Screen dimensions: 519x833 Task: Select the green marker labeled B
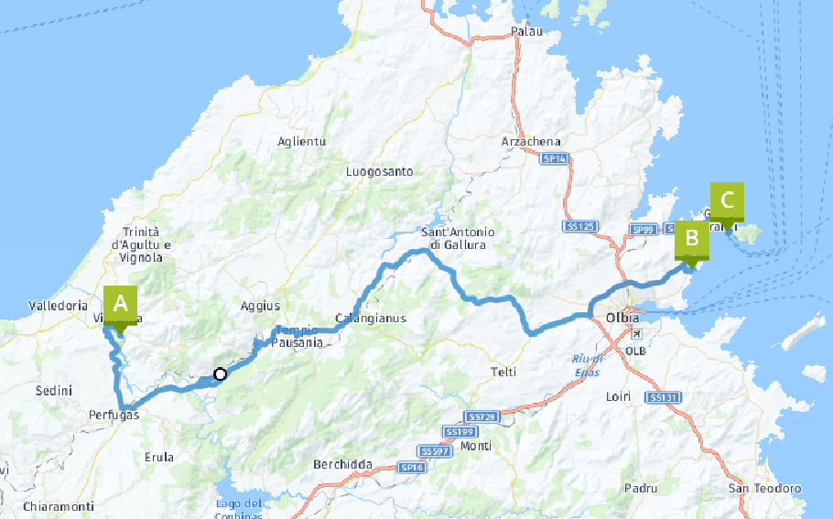692,240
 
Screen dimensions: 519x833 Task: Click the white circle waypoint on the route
220,373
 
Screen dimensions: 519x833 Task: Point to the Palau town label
527,31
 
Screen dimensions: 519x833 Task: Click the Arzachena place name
531,143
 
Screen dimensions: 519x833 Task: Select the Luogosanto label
380,172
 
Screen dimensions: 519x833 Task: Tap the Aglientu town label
301,142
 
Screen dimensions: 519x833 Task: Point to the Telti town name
503,372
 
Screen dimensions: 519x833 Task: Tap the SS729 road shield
481,417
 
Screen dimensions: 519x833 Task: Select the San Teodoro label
764,489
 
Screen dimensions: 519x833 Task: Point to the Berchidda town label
342,465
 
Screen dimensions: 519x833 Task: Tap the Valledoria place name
58,305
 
